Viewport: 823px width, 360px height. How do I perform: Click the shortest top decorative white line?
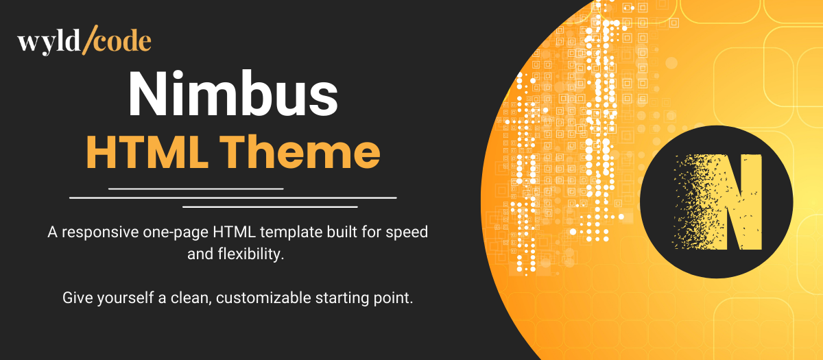(x=195, y=188)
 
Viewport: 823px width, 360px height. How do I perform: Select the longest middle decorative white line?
(x=233, y=197)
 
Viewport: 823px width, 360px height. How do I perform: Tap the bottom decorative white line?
(x=270, y=206)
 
